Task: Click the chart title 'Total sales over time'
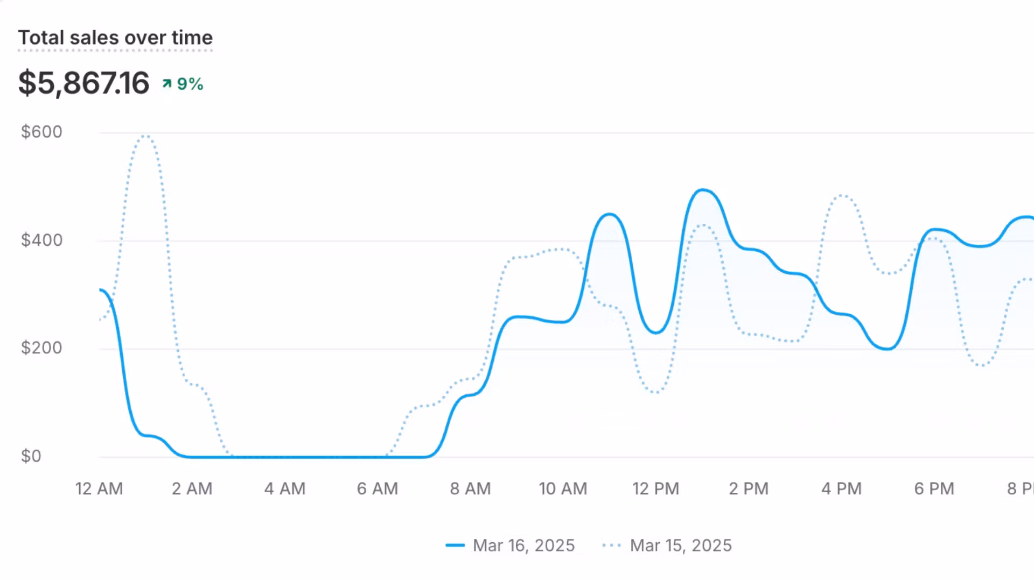click(x=115, y=38)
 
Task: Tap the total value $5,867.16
click(x=83, y=83)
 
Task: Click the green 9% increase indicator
click(x=183, y=84)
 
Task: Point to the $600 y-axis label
click(x=41, y=132)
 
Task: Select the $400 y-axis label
click(x=41, y=240)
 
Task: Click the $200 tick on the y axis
click(x=41, y=348)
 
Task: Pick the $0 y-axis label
click(x=31, y=456)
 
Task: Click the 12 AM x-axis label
click(x=99, y=488)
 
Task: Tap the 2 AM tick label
click(x=192, y=488)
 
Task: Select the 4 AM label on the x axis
click(x=285, y=488)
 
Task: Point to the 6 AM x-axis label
click(x=378, y=488)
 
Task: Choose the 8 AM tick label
click(x=471, y=488)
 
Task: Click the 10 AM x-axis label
click(x=563, y=488)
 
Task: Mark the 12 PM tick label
click(x=655, y=488)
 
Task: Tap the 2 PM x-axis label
click(x=749, y=488)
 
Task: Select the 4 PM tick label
click(x=841, y=488)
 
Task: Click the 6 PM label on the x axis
click(x=934, y=488)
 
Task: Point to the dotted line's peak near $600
click(x=145, y=136)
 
